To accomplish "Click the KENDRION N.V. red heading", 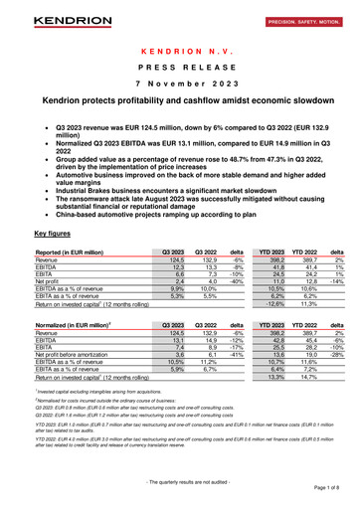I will click(x=179, y=50).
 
